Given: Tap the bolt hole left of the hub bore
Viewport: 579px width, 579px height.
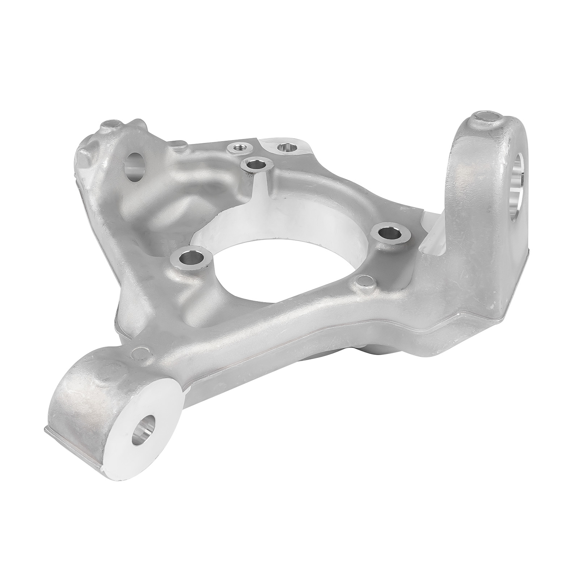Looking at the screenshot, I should pos(188,258).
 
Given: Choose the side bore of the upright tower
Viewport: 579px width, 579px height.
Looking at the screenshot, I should pos(518,185).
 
